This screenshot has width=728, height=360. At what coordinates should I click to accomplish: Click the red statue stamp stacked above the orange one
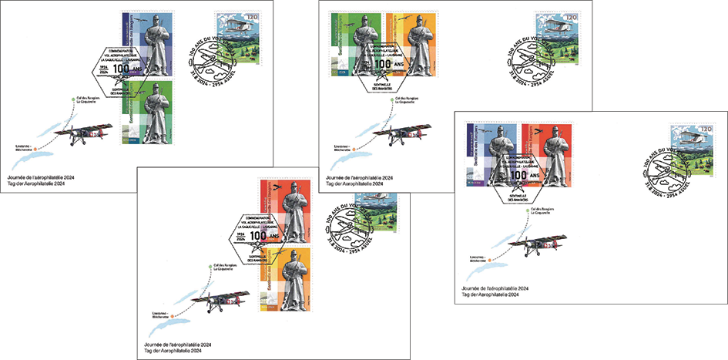(286, 212)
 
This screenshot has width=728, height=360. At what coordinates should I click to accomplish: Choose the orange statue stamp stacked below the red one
(286, 279)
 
